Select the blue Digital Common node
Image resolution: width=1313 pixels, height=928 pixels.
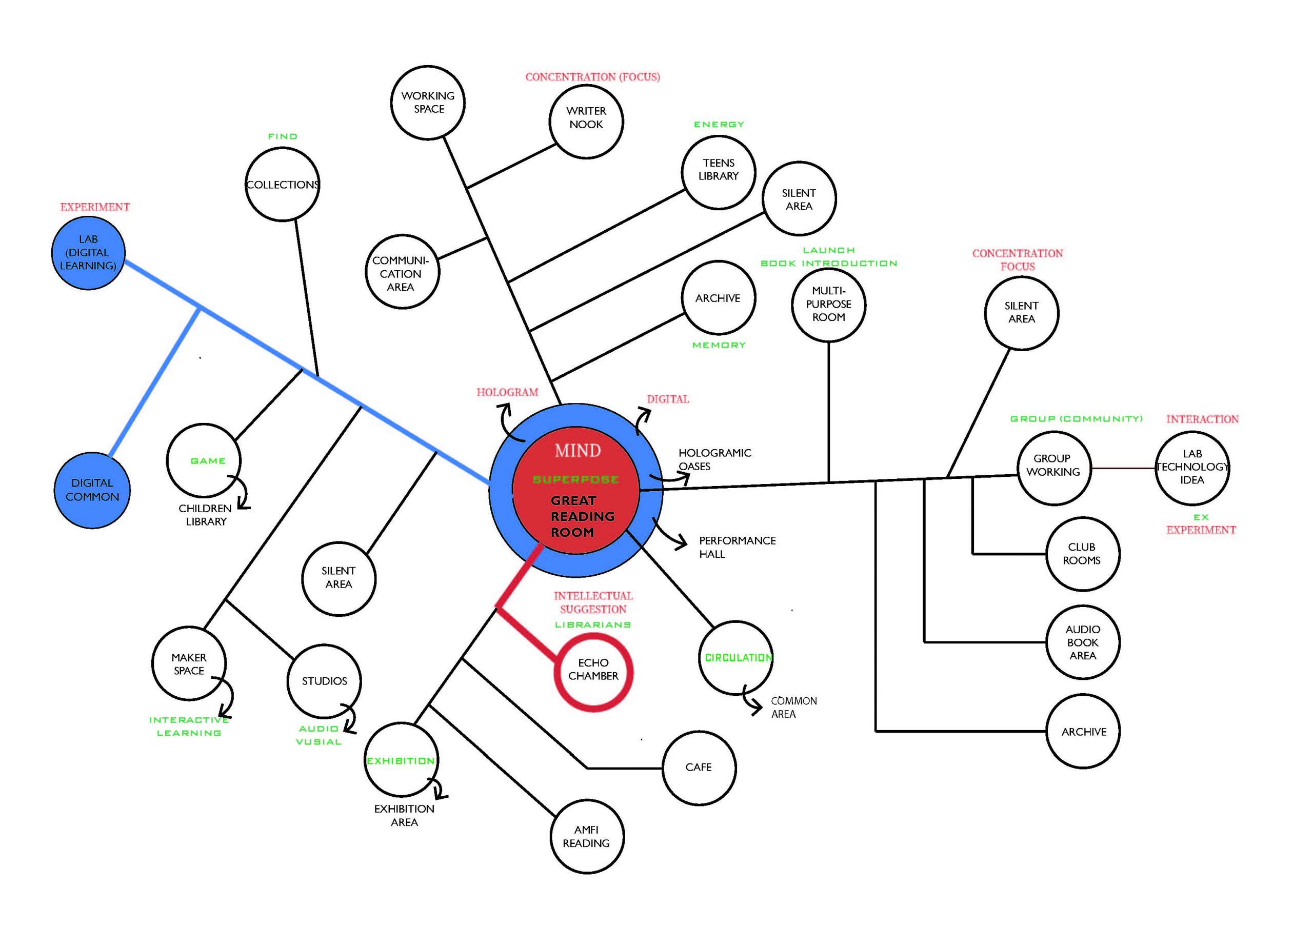click(92, 490)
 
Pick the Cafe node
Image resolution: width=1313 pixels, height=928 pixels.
click(699, 768)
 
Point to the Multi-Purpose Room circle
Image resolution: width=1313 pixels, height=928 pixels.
click(829, 304)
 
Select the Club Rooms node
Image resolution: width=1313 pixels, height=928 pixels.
click(1082, 554)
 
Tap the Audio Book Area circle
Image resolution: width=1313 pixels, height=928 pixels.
click(1083, 642)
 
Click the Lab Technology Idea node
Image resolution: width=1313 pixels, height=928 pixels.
click(1192, 468)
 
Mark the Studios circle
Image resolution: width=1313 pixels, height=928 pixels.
click(324, 680)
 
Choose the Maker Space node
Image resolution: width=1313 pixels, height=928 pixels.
click(189, 663)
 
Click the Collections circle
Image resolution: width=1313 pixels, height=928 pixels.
click(282, 184)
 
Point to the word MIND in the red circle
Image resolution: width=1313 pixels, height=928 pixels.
click(578, 451)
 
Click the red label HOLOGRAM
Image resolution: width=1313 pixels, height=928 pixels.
click(507, 392)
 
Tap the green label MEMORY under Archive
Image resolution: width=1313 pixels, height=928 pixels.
click(719, 345)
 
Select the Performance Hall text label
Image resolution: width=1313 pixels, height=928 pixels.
click(737, 547)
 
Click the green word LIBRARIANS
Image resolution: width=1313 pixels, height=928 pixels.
click(593, 624)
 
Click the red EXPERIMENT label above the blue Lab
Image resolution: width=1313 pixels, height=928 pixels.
click(95, 207)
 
